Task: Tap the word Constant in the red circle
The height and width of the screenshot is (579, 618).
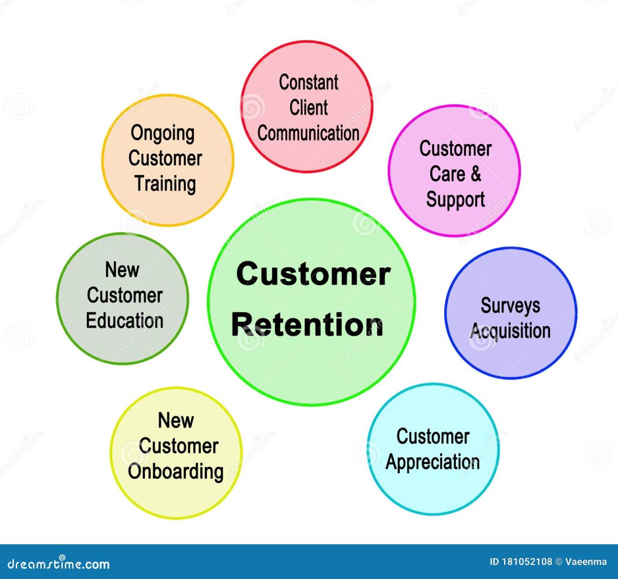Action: point(309,83)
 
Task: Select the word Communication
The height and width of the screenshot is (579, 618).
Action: point(309,133)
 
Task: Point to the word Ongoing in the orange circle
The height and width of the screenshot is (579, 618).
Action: point(163,134)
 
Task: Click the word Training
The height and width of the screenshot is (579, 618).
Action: point(165,184)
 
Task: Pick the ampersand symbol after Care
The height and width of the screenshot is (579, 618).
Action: point(476,174)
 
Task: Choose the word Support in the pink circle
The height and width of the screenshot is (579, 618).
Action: point(455,200)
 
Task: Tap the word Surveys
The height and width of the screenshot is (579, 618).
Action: point(510,305)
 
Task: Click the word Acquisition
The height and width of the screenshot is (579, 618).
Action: point(510,331)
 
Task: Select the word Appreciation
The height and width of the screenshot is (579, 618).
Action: point(433,462)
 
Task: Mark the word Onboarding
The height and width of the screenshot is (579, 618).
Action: point(176,472)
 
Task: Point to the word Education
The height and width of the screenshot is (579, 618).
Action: point(125,321)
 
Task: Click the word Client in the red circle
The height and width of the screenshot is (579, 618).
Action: point(309,108)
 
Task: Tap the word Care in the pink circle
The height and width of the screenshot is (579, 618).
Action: point(448,174)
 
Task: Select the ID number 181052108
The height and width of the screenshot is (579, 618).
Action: point(527,562)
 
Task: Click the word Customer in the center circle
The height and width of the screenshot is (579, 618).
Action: point(313,274)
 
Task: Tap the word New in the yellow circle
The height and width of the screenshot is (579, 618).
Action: point(176,420)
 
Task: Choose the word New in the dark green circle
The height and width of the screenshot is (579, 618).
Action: point(122,270)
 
